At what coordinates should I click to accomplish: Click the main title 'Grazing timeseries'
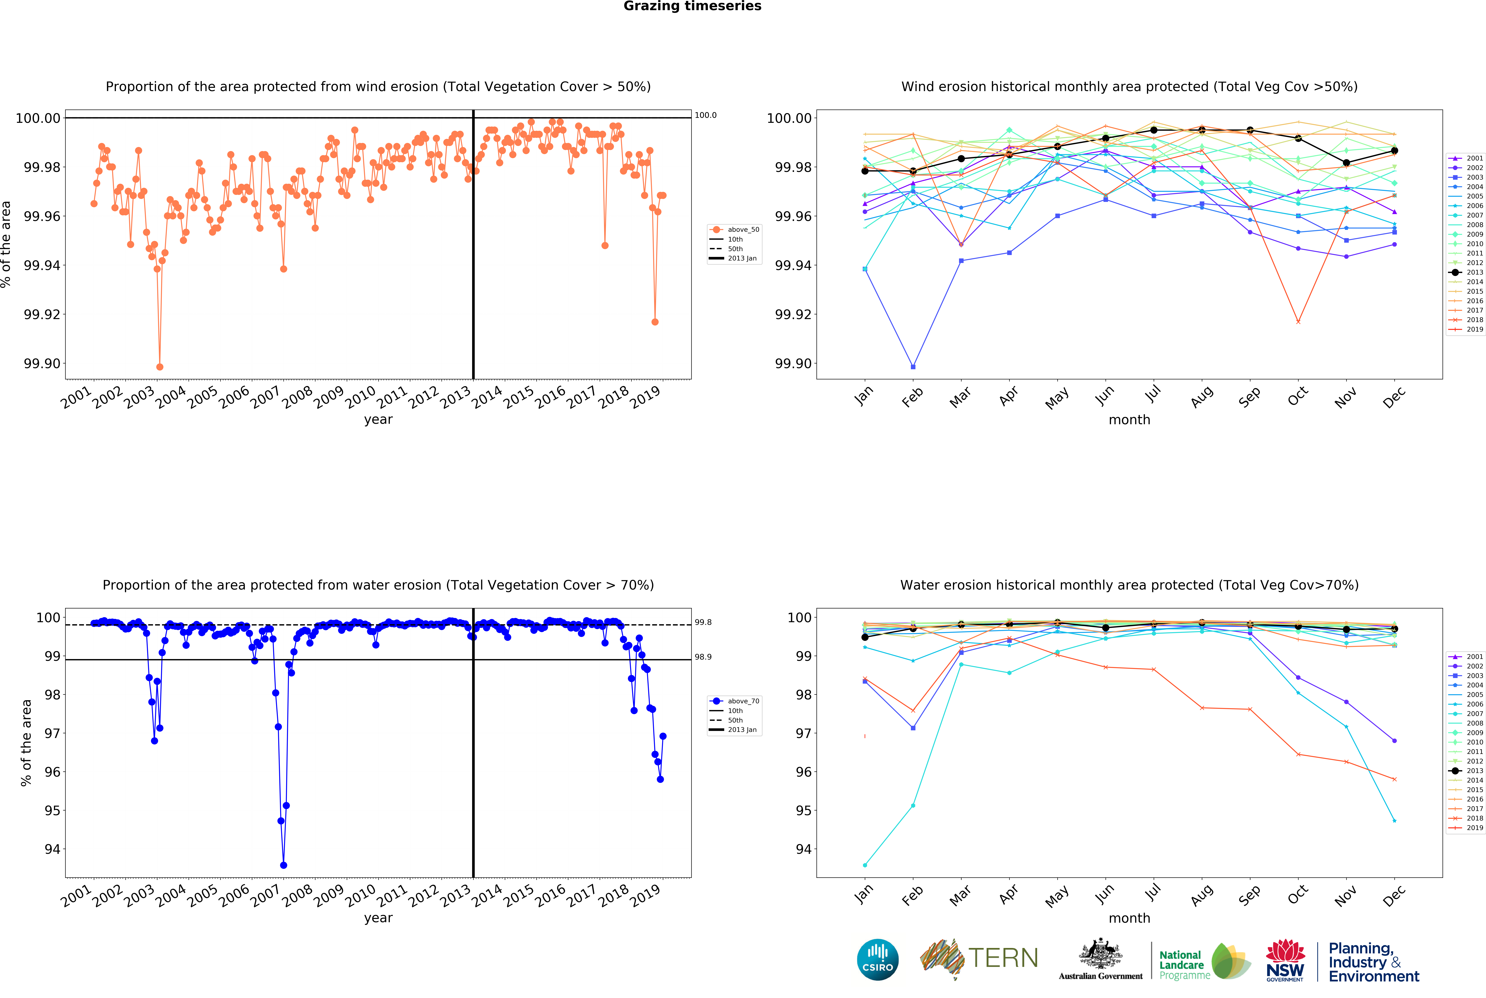(692, 6)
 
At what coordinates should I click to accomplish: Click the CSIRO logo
(877, 959)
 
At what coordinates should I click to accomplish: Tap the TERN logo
(979, 958)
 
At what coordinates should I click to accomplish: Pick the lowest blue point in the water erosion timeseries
(283, 865)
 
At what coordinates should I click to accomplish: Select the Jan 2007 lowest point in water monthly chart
(865, 865)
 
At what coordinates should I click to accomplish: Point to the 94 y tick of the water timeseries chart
(52, 849)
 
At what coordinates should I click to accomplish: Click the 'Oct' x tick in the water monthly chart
(1297, 894)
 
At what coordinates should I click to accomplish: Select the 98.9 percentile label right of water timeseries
(703, 657)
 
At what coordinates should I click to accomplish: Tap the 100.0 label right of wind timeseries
(705, 115)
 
